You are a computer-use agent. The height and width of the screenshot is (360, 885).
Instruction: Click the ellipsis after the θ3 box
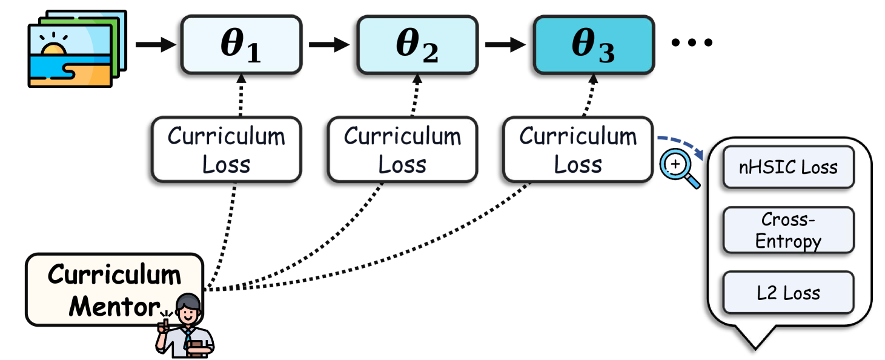coord(692,43)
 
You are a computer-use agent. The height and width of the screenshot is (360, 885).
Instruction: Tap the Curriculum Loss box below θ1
coord(226,150)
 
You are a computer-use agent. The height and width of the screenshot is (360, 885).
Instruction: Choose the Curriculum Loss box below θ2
coord(402,150)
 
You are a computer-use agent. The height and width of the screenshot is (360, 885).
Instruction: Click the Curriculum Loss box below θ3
coord(578,150)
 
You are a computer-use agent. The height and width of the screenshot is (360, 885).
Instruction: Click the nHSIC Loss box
coord(788,167)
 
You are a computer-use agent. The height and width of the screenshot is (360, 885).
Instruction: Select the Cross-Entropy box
coord(788,230)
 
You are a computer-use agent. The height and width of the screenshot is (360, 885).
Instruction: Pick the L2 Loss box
coord(788,293)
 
